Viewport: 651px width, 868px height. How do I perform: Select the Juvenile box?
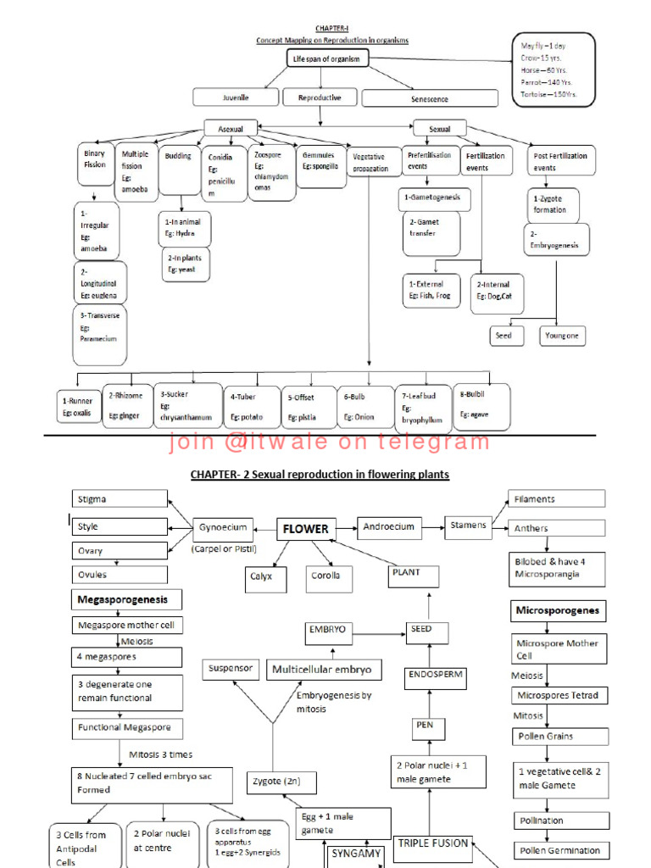coord(235,98)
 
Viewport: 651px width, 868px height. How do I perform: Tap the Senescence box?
coord(429,99)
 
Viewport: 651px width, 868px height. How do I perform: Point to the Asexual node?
coord(230,129)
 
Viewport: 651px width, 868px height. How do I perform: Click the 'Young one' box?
coord(563,336)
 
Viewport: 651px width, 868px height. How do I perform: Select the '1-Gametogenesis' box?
coord(432,198)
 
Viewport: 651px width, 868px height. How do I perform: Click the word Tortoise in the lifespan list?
coord(536,94)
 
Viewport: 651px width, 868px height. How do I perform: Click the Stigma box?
coord(119,500)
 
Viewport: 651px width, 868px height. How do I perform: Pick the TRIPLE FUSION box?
coord(432,844)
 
